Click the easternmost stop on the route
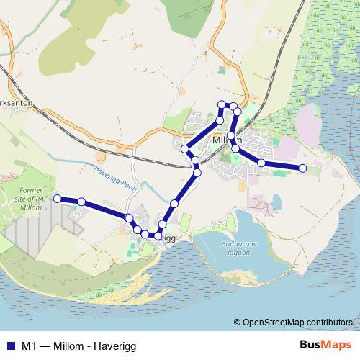302,168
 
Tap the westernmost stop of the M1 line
58,198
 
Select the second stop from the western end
82,202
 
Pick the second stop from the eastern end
261,163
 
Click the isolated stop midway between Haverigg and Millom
174,205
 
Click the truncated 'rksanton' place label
16,103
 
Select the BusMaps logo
325,345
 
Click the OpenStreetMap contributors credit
298,323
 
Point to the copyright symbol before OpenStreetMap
238,323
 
